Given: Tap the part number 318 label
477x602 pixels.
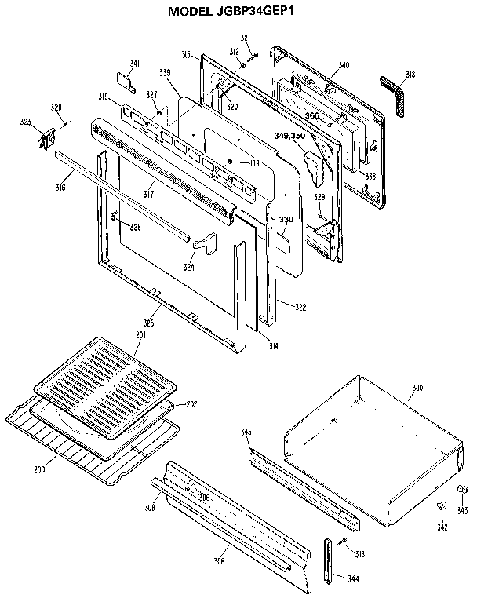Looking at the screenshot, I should point(410,75).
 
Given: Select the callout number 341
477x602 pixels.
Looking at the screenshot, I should point(135,64).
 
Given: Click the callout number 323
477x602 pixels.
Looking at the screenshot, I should point(26,122).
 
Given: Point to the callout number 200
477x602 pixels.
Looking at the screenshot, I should point(39,469).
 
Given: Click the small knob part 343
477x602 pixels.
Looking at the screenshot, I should point(462,491).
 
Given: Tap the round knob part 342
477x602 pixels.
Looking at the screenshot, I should point(442,506).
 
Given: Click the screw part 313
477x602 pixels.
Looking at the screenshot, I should point(342,542).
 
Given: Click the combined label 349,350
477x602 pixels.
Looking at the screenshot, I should point(290,136).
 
